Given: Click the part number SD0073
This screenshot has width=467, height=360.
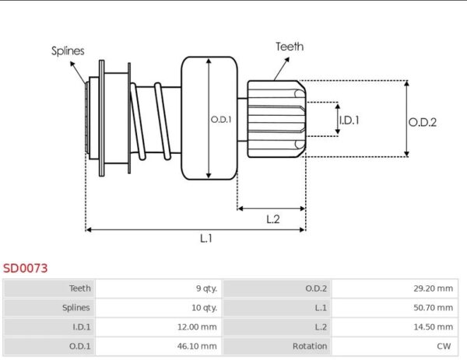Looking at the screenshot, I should (x=25, y=267).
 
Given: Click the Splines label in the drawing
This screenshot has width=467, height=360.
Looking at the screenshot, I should (x=68, y=51).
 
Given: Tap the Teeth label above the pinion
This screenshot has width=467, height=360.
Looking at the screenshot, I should (x=290, y=47).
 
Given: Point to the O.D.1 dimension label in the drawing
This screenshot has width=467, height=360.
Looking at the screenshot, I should (x=221, y=119).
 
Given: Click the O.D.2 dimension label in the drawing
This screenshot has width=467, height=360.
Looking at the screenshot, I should (x=423, y=121).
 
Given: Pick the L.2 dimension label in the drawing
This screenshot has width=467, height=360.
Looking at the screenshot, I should (x=272, y=219).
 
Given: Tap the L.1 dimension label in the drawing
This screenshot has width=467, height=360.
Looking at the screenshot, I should (x=205, y=239).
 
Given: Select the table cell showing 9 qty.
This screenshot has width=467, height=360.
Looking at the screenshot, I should (x=206, y=288).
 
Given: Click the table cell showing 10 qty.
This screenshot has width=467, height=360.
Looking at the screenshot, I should (x=205, y=307).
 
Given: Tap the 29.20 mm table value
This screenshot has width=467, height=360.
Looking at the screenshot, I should (x=434, y=288).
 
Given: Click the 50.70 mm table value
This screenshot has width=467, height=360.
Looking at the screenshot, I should (x=434, y=307).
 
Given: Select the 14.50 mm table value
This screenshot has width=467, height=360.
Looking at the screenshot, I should (x=434, y=327).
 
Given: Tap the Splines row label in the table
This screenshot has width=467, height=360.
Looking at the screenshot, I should (x=75, y=307).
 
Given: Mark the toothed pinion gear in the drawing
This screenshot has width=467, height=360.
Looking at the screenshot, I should (x=276, y=118).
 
